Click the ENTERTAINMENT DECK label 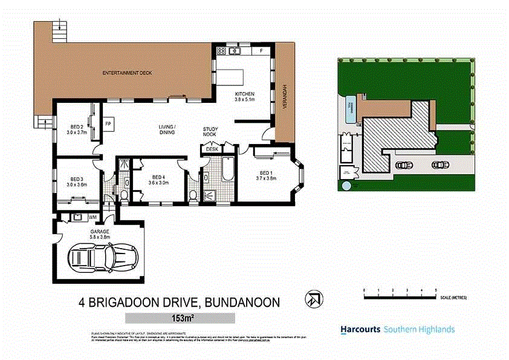tap(127, 73)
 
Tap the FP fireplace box tap(108, 123)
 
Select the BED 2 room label tap(76, 126)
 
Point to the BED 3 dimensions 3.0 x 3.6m tap(76, 185)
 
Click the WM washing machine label tap(92, 217)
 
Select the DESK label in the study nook tap(212, 149)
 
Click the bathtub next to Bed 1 tap(227, 169)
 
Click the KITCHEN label tap(245, 94)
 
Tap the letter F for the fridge tap(261, 51)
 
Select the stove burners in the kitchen tap(221, 51)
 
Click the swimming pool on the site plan tap(349, 110)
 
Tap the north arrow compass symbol tap(313, 298)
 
